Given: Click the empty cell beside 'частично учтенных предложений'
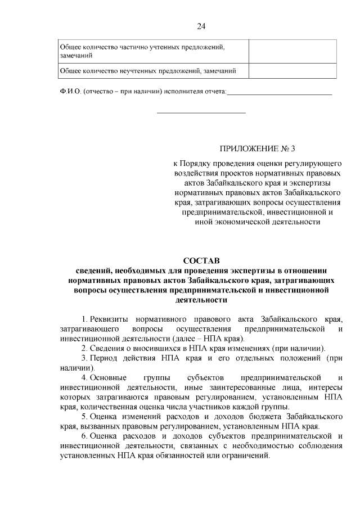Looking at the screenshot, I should [293, 52].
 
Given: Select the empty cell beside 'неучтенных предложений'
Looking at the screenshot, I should [293, 71].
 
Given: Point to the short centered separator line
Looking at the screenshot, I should [201, 113].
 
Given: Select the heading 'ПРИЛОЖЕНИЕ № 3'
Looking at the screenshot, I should [257, 149].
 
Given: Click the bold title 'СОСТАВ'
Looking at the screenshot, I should [201, 260].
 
